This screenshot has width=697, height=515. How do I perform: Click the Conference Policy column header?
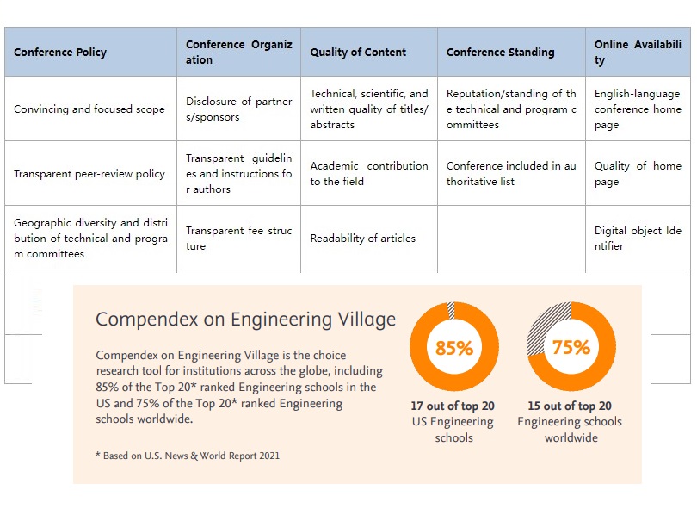click(x=60, y=52)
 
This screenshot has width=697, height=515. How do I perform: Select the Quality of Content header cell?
click(x=358, y=52)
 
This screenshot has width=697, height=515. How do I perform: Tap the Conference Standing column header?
click(x=500, y=52)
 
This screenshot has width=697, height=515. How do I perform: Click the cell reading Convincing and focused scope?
click(x=89, y=109)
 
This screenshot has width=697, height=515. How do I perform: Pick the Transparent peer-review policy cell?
click(x=89, y=173)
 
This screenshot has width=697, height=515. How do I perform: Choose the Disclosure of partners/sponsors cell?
click(x=238, y=109)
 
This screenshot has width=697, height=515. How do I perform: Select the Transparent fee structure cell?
click(x=238, y=239)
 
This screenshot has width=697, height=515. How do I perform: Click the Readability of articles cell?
click(x=363, y=239)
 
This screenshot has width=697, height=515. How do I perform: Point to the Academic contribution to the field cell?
click(x=368, y=173)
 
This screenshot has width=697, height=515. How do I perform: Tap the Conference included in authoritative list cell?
click(x=511, y=173)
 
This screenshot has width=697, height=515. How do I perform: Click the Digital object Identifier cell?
click(x=638, y=239)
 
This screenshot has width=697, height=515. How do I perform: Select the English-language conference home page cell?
click(x=637, y=109)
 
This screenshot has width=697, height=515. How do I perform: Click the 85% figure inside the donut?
click(x=453, y=349)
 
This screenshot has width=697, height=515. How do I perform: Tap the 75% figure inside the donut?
click(x=571, y=347)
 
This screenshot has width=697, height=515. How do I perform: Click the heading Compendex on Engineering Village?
click(x=245, y=319)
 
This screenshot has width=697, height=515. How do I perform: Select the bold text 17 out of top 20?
click(x=453, y=406)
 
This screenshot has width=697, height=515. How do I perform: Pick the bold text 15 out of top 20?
click(x=570, y=406)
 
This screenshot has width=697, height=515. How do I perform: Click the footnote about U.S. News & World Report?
click(x=187, y=456)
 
